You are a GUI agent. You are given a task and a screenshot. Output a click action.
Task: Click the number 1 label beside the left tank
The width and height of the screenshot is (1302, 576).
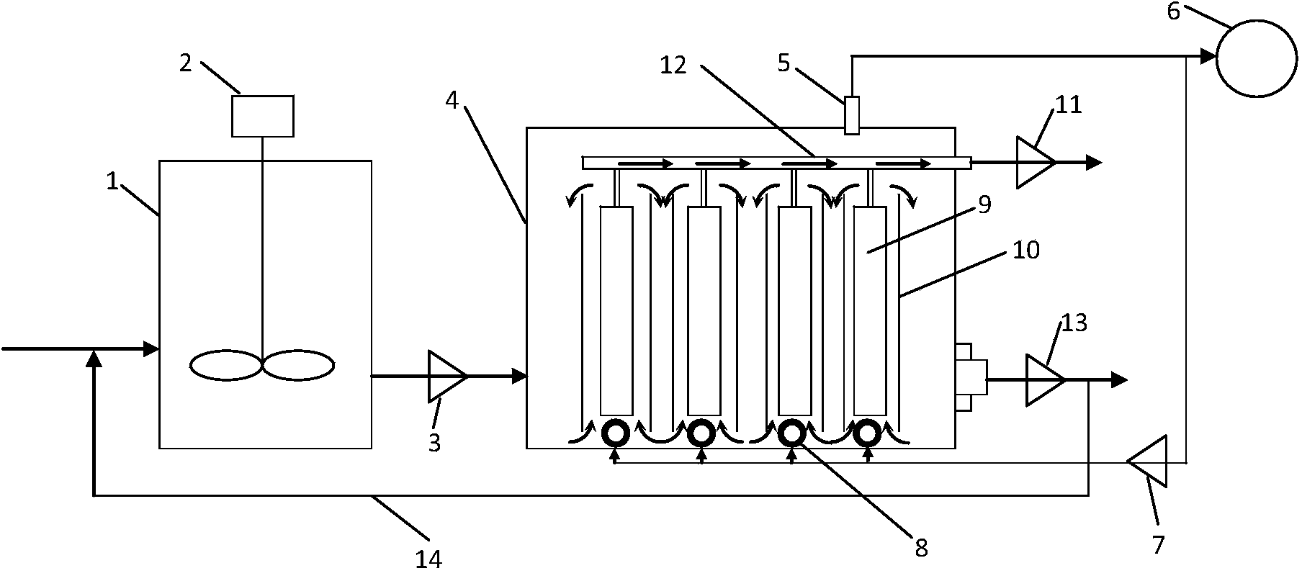[x=112, y=181]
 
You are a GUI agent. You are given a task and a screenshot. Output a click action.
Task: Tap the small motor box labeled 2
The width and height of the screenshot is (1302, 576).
[x=262, y=116]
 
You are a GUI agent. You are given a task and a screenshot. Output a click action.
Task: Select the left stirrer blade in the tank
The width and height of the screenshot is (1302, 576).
[x=225, y=365]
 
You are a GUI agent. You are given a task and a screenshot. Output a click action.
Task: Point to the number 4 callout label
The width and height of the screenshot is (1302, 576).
[x=452, y=100]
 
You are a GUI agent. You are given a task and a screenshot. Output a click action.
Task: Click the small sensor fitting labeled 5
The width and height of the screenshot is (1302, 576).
[x=852, y=114]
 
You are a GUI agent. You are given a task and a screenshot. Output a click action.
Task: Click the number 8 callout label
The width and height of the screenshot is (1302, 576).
[x=921, y=549]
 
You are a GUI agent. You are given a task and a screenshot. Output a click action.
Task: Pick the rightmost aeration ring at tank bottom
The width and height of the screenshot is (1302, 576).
[x=868, y=433]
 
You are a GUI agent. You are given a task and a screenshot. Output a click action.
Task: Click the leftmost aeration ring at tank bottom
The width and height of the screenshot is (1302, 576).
[x=615, y=433]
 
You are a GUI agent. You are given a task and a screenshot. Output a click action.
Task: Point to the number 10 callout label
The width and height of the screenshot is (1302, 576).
[x=1026, y=251]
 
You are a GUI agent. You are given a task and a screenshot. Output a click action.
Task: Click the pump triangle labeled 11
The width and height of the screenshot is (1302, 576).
[x=1035, y=163]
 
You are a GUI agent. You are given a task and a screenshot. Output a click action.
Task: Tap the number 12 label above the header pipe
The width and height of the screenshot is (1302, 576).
[x=673, y=65]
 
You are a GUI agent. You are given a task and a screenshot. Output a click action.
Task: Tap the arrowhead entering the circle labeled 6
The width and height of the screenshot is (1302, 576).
[x=1208, y=56]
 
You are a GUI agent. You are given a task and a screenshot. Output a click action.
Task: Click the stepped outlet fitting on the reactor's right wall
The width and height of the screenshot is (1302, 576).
[x=970, y=377]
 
